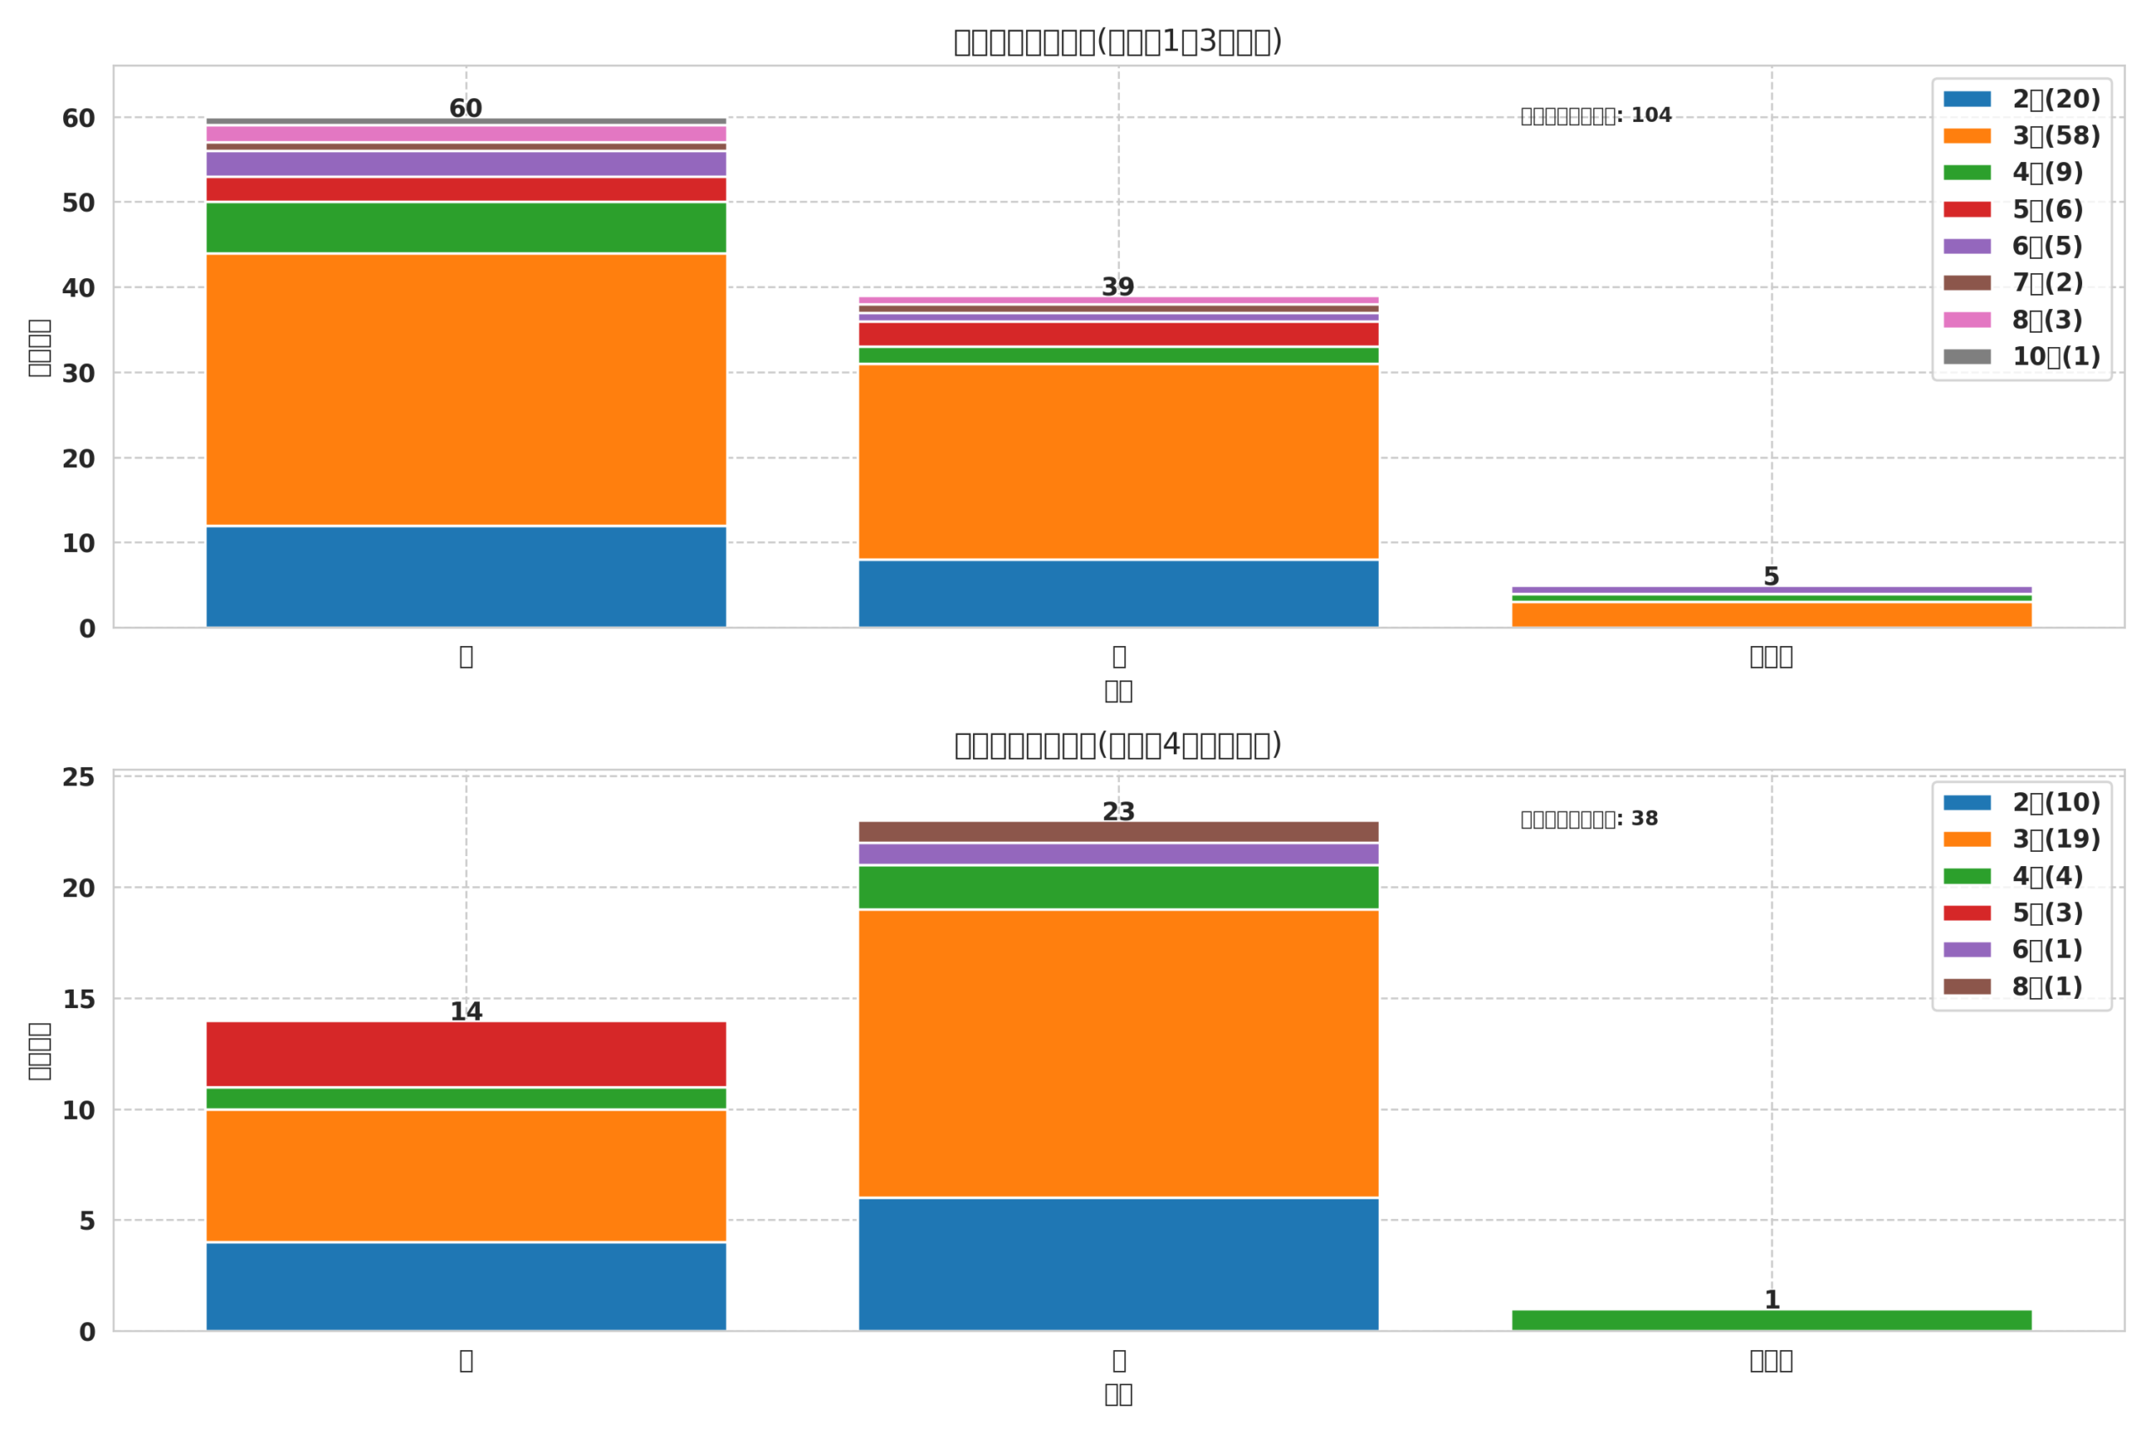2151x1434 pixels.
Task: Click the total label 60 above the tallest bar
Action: pos(465,109)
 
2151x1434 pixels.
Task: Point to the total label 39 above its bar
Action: pos(1118,287)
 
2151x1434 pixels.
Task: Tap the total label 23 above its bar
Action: pos(1118,812)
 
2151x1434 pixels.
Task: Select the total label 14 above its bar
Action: pos(465,1011)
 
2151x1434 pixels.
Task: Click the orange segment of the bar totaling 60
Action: pos(465,390)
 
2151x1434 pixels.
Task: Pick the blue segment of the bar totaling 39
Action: pos(1118,594)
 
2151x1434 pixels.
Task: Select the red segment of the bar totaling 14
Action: pos(465,1054)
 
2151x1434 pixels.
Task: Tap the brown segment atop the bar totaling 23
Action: pos(1118,832)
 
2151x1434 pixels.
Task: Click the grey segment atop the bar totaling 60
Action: pos(465,121)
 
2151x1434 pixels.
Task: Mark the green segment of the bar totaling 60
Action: pos(465,228)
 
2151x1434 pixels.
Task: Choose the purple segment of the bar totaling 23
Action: pos(1118,854)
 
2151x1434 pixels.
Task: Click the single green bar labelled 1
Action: pos(1770,1321)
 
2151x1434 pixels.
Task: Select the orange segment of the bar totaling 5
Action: pos(1770,615)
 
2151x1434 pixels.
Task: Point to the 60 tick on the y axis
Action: pos(79,118)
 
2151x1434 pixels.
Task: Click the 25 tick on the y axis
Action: pos(79,777)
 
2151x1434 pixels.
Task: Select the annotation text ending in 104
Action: pos(1596,116)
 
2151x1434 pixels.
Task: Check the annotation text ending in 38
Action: pos(1590,819)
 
